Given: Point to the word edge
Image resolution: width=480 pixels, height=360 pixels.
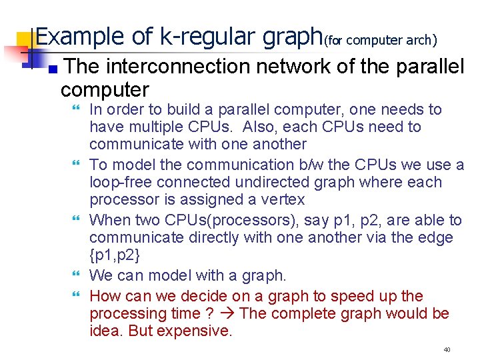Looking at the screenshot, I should point(437,237).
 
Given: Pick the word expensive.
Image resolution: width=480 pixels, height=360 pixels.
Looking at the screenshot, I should point(199,331).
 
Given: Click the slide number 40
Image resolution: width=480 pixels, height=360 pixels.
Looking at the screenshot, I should point(447,349).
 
